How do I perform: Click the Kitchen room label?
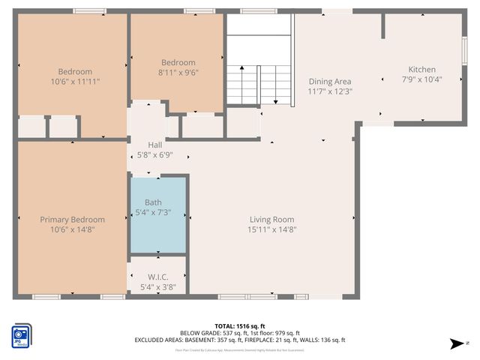coord(421,70)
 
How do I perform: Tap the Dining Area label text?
coord(330,82)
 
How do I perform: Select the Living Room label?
coord(272,220)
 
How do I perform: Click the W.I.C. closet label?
coord(158,277)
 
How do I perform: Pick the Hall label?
coord(154,145)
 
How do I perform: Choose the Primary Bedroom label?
coord(72,220)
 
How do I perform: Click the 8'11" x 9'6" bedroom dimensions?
coord(178,73)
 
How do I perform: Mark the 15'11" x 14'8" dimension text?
coord(272,229)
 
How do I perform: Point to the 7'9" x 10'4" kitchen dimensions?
coord(421,79)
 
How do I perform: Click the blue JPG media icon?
coord(20,336)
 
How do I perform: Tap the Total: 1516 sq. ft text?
coord(240,326)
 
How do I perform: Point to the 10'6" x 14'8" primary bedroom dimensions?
coord(72,229)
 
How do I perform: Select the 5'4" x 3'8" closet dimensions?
coord(158,286)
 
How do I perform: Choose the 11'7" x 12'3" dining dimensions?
coord(330,91)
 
